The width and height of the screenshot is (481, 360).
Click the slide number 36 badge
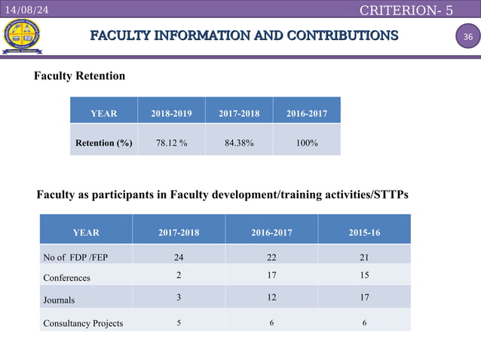(x=467, y=38)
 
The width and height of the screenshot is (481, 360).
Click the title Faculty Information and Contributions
(x=244, y=36)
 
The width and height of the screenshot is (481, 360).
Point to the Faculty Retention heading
(x=79, y=76)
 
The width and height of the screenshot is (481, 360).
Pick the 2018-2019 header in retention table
(x=171, y=113)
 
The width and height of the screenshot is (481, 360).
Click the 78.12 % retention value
(x=171, y=142)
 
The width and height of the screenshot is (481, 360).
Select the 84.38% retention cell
(x=239, y=142)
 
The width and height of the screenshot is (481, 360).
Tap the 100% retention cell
(x=306, y=142)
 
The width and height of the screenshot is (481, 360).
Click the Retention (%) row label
(x=103, y=142)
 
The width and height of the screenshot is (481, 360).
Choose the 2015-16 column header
(x=364, y=233)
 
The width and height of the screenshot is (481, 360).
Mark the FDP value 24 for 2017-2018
(x=178, y=256)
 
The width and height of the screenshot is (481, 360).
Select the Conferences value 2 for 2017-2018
(x=178, y=276)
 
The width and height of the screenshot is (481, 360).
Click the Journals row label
(x=59, y=299)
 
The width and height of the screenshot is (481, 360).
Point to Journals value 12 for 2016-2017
(x=271, y=297)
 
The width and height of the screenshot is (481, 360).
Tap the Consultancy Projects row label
(x=83, y=323)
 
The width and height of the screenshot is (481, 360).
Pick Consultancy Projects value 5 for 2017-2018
(x=178, y=322)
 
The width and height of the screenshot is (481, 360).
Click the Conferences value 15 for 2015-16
(x=364, y=276)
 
